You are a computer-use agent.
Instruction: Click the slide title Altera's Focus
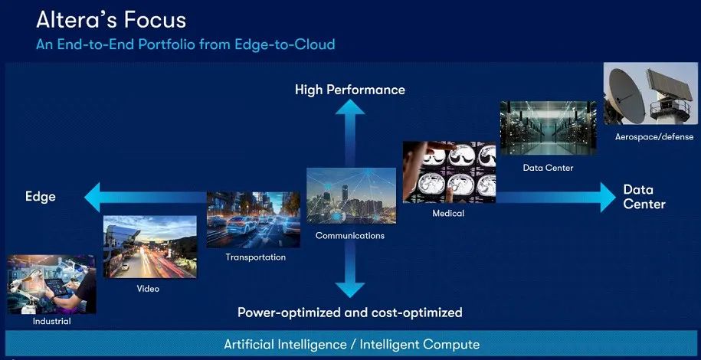(x=111, y=20)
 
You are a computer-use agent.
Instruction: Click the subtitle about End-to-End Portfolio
(x=185, y=44)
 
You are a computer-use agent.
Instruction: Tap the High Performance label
(x=349, y=90)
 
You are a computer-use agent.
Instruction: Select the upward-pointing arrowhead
(x=350, y=107)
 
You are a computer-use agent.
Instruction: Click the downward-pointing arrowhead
(x=350, y=290)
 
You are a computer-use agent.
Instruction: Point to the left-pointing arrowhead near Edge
(x=92, y=197)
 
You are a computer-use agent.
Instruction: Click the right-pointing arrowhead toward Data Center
(x=608, y=197)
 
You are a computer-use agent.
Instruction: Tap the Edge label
(x=41, y=197)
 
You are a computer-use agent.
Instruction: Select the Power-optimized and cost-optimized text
(x=349, y=313)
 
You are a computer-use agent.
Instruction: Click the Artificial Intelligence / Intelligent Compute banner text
(x=352, y=345)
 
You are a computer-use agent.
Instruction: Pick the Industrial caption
(x=52, y=321)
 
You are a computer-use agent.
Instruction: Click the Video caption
(x=148, y=289)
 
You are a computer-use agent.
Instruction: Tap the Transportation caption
(x=255, y=257)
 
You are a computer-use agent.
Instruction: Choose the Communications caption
(x=350, y=235)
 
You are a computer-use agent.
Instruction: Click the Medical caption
(x=448, y=214)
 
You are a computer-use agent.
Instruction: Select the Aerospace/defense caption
(x=654, y=137)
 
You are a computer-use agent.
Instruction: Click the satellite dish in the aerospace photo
(x=624, y=95)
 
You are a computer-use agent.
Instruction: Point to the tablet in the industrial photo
(x=57, y=286)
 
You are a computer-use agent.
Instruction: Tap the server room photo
(x=548, y=128)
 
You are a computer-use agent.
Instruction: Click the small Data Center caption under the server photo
(x=548, y=169)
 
